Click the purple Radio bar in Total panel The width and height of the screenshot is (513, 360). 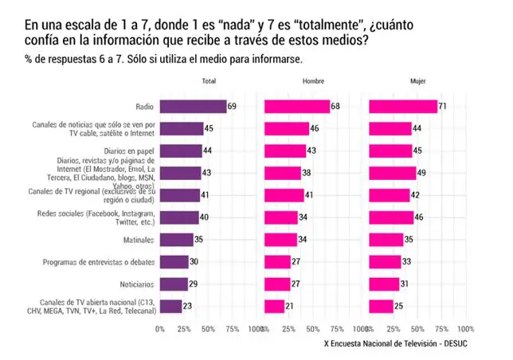193,106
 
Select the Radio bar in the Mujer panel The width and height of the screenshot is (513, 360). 403,106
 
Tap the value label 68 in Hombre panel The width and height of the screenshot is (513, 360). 336,106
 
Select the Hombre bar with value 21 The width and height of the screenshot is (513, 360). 274,306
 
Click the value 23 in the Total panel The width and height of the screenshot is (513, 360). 187,306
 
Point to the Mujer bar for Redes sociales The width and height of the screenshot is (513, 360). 391,217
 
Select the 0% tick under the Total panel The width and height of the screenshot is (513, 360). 160,328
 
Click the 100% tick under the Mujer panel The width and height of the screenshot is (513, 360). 466,328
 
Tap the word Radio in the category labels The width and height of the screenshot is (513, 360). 145,106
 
